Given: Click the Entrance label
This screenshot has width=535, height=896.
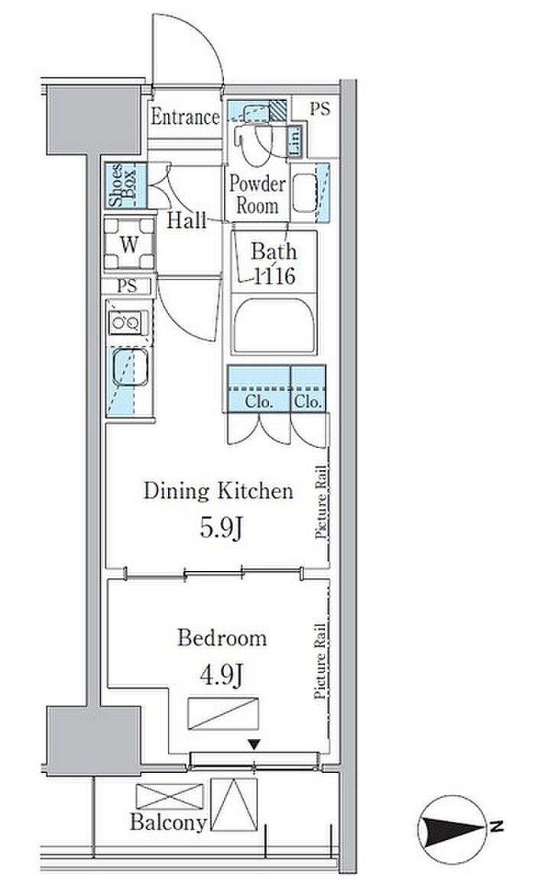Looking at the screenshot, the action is [185, 117].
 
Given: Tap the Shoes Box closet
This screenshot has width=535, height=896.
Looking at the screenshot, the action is [125, 186].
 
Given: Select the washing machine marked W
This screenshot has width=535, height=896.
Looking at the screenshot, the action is [130, 244].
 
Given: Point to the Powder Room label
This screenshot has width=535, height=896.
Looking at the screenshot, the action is [258, 194].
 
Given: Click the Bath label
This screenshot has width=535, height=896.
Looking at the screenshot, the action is [274, 252].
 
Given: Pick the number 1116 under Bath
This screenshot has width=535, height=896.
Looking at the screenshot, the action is [274, 277].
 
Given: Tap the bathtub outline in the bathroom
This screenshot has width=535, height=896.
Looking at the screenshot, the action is [274, 325].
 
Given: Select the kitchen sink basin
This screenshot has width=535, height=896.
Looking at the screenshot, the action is [130, 367].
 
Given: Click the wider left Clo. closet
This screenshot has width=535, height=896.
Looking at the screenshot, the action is [259, 388].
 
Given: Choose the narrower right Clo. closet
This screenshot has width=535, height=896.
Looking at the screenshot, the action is [308, 388].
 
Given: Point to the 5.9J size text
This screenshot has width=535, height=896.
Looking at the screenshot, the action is [222, 528].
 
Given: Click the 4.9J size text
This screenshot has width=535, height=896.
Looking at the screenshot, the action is [222, 675].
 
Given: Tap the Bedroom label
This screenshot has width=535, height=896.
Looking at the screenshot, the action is [222, 638].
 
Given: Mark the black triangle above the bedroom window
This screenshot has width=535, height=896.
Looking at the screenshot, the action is [255, 744].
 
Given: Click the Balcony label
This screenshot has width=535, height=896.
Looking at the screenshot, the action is [168, 823].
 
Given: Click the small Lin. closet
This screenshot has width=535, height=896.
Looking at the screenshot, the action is [295, 141].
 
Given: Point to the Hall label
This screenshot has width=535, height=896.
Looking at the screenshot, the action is [186, 221].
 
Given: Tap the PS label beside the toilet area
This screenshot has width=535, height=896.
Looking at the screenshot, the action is [320, 109].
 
